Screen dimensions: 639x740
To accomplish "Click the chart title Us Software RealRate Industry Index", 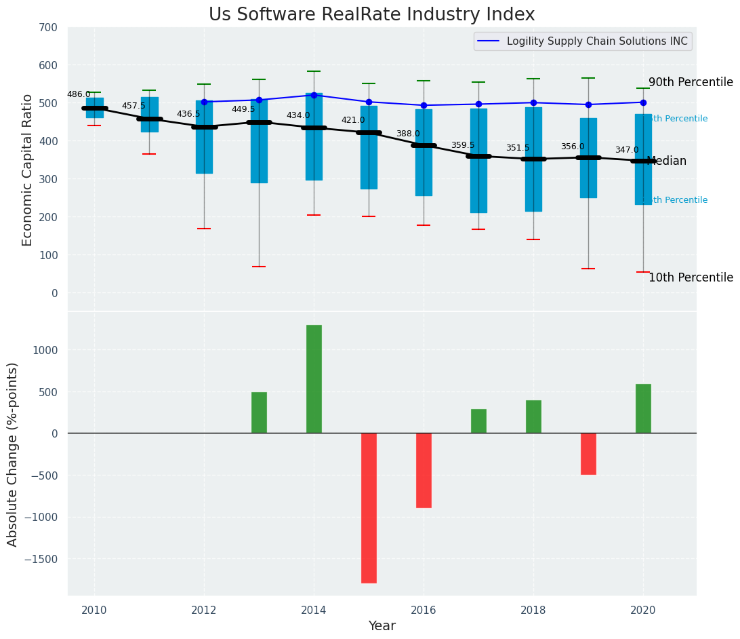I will (x=371, y=15).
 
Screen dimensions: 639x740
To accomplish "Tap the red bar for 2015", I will (x=369, y=508).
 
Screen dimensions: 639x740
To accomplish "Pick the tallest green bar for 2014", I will (x=314, y=379).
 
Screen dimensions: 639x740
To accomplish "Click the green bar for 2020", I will (x=643, y=408).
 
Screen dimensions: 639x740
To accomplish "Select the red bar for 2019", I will (x=588, y=454).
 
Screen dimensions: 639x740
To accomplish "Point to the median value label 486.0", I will (x=79, y=94).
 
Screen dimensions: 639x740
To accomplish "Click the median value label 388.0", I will (x=408, y=134).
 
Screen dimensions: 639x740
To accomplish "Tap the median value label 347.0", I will (x=627, y=150).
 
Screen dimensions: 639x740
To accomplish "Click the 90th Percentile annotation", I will (x=691, y=83).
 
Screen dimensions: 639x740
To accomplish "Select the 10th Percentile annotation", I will (x=691, y=278).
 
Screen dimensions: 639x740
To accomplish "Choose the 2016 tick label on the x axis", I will (x=424, y=610).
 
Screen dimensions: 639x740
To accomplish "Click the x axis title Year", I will (x=382, y=626).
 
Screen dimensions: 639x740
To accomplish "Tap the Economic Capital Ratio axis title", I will (x=28, y=170).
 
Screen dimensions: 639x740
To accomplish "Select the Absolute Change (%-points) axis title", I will (x=13, y=454).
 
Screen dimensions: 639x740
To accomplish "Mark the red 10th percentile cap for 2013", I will (x=259, y=267).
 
